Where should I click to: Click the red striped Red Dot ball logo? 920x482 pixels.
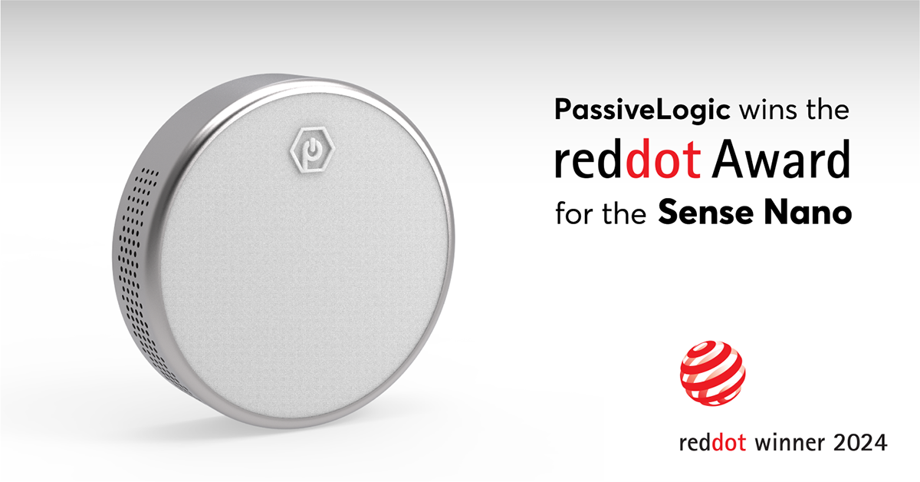pos(713,373)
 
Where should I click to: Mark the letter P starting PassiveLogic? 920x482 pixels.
pos(563,112)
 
